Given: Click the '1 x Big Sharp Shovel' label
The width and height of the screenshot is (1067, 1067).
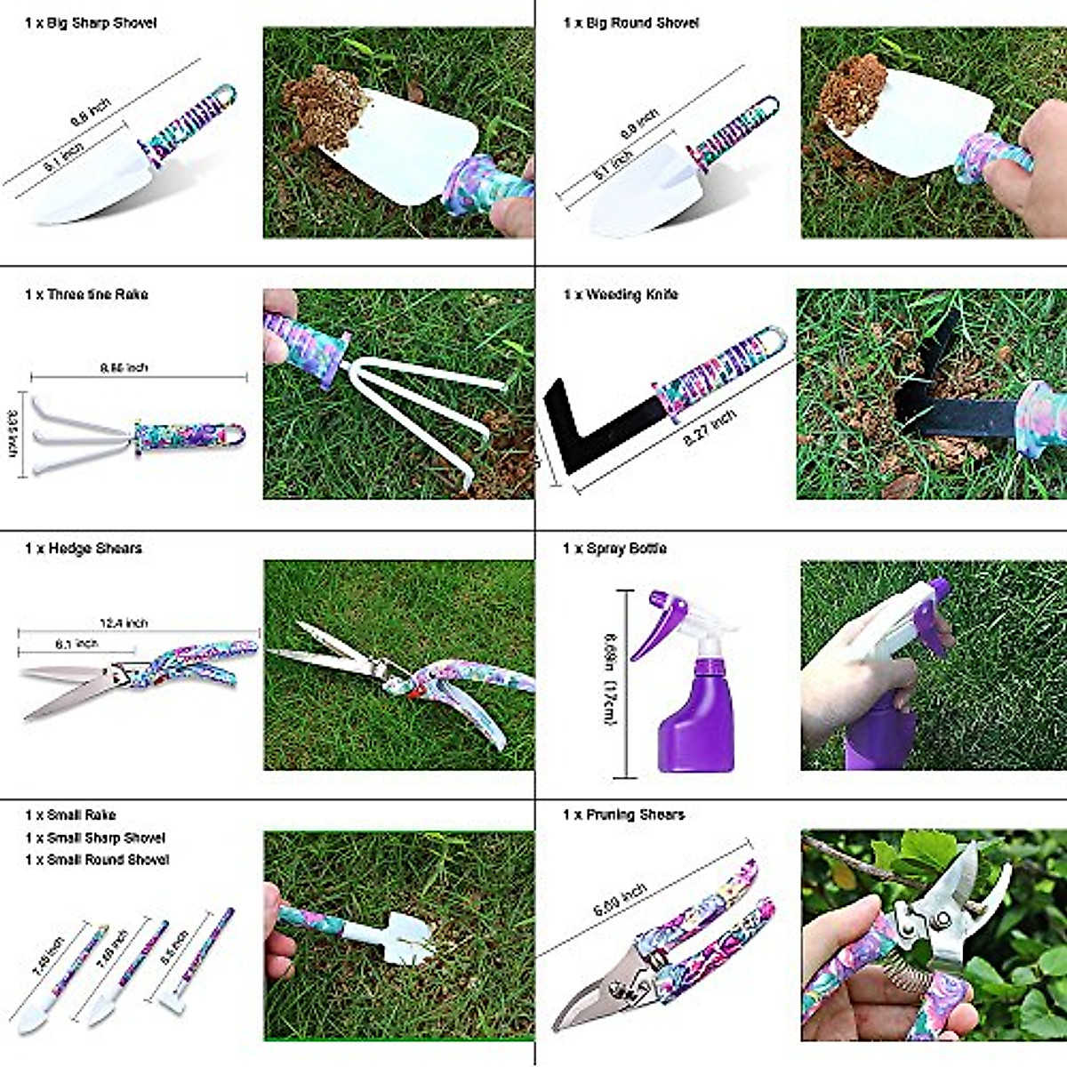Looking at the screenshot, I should (91, 23).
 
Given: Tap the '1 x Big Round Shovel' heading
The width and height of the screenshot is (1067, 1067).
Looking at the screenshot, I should (631, 23).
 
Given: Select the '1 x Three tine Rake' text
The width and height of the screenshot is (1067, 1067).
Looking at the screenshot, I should (87, 294).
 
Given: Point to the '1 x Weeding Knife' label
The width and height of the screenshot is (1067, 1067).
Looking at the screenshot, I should (621, 294).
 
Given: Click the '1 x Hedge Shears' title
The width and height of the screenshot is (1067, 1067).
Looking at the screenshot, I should (84, 549).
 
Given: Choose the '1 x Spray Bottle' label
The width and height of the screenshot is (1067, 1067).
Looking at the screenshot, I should (614, 549).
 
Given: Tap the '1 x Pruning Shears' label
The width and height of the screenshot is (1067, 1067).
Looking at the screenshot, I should (623, 814).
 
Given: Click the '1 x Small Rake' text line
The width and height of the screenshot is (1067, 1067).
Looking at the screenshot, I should (71, 814).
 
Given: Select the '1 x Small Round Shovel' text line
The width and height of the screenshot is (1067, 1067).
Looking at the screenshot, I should (97, 860).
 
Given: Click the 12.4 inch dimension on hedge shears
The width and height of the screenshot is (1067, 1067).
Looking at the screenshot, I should (124, 623).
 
